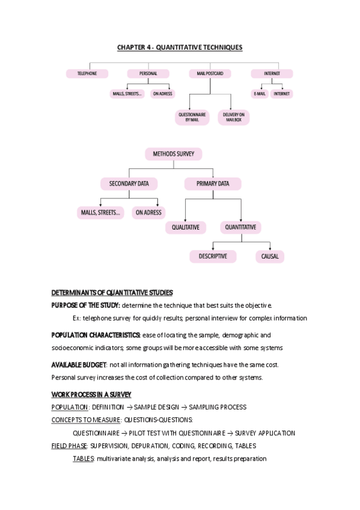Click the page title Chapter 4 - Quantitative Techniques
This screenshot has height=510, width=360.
pyautogui.click(x=180, y=47)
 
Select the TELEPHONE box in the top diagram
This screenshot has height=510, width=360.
pyautogui.click(x=88, y=73)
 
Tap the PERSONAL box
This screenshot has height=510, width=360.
pyautogui.click(x=149, y=73)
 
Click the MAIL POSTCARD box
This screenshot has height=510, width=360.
pyautogui.click(x=210, y=73)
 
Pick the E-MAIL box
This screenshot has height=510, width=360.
pyautogui.click(x=260, y=94)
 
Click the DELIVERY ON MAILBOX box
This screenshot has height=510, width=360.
pyautogui.click(x=234, y=117)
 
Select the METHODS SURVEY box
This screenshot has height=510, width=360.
pyautogui.click(x=173, y=155)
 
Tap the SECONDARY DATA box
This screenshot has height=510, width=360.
pyautogui.click(x=129, y=183)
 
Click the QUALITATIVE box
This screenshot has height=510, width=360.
pyautogui.click(x=186, y=227)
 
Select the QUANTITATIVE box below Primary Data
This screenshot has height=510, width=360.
pyautogui.click(x=240, y=227)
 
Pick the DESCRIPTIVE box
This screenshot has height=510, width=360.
pyautogui.click(x=209, y=256)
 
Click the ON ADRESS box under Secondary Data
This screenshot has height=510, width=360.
pyautogui.click(x=148, y=212)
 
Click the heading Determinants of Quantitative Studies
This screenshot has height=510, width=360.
pyautogui.click(x=112, y=293)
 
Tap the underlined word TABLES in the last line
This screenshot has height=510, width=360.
pyautogui.click(x=83, y=458)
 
